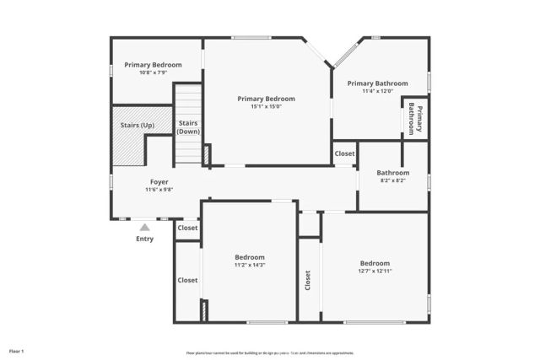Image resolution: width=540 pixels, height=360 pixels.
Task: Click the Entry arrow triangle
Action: point(145,227)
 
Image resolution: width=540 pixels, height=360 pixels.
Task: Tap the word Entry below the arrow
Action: point(145,239)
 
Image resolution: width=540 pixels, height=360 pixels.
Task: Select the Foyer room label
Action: point(159,182)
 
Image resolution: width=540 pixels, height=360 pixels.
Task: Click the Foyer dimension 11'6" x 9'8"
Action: point(159,190)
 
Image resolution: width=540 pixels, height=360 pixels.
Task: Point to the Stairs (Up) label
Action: point(138,125)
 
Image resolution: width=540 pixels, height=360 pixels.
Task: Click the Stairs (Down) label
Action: point(188,127)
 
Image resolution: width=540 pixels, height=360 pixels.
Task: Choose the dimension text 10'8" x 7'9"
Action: point(153,73)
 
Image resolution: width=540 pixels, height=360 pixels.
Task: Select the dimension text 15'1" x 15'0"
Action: point(266,106)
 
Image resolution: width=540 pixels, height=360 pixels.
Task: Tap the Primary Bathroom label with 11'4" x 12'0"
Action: point(377,83)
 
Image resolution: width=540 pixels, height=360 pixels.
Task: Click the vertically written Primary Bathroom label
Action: point(415,119)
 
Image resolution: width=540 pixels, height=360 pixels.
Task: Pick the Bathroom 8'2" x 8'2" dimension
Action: point(393,180)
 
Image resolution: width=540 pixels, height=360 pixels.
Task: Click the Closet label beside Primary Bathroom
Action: point(344,153)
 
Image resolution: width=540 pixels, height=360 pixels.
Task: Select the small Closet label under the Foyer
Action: point(187,228)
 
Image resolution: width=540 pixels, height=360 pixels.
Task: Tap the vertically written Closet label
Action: point(308,282)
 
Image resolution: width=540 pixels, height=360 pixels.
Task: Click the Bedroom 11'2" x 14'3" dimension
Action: point(250,265)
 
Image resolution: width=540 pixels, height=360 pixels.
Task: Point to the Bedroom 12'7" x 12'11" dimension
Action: point(375,271)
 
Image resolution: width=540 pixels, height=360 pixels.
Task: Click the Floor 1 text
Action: point(17,351)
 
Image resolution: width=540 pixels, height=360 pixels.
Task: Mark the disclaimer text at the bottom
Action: point(270,352)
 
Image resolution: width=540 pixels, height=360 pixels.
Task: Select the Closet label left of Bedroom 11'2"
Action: point(187,280)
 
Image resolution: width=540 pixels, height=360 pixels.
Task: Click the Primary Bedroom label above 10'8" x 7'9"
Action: point(153,64)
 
